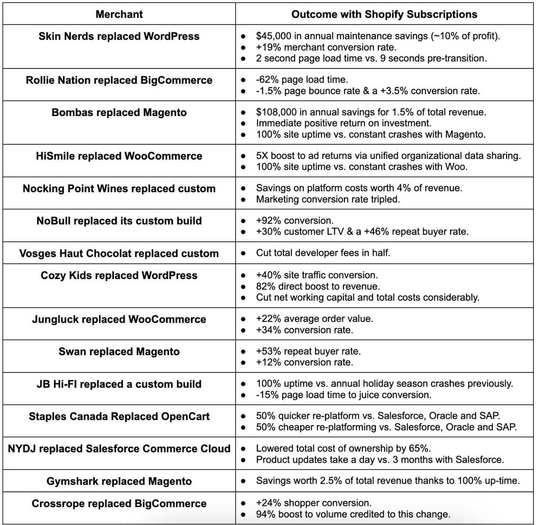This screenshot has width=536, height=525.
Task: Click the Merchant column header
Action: pos(119,15)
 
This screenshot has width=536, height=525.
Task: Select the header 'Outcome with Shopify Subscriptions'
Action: pos(384,15)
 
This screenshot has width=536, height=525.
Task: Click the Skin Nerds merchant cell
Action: pos(119,36)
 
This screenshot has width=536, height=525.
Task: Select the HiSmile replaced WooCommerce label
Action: pos(119,156)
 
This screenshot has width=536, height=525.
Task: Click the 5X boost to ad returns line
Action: pos(388,156)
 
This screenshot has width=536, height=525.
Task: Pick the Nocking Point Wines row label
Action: pos(119,189)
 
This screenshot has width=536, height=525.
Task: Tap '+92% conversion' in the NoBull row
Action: pos(295,221)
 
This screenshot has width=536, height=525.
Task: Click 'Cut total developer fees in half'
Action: pos(323,253)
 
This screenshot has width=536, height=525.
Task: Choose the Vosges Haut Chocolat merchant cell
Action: pos(119,253)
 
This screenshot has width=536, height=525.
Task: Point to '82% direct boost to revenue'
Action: pos(318,287)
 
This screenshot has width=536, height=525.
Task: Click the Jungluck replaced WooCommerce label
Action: pos(119,319)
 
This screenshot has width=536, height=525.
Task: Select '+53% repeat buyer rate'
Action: pos(308,352)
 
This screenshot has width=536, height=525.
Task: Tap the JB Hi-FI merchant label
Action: pos(119,384)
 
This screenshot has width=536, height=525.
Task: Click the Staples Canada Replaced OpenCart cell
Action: pos(119,416)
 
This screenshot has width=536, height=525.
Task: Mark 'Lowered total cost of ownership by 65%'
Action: pos(343,449)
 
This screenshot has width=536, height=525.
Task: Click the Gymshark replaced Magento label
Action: pos(119,481)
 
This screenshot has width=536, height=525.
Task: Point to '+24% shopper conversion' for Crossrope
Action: pos(314,503)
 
